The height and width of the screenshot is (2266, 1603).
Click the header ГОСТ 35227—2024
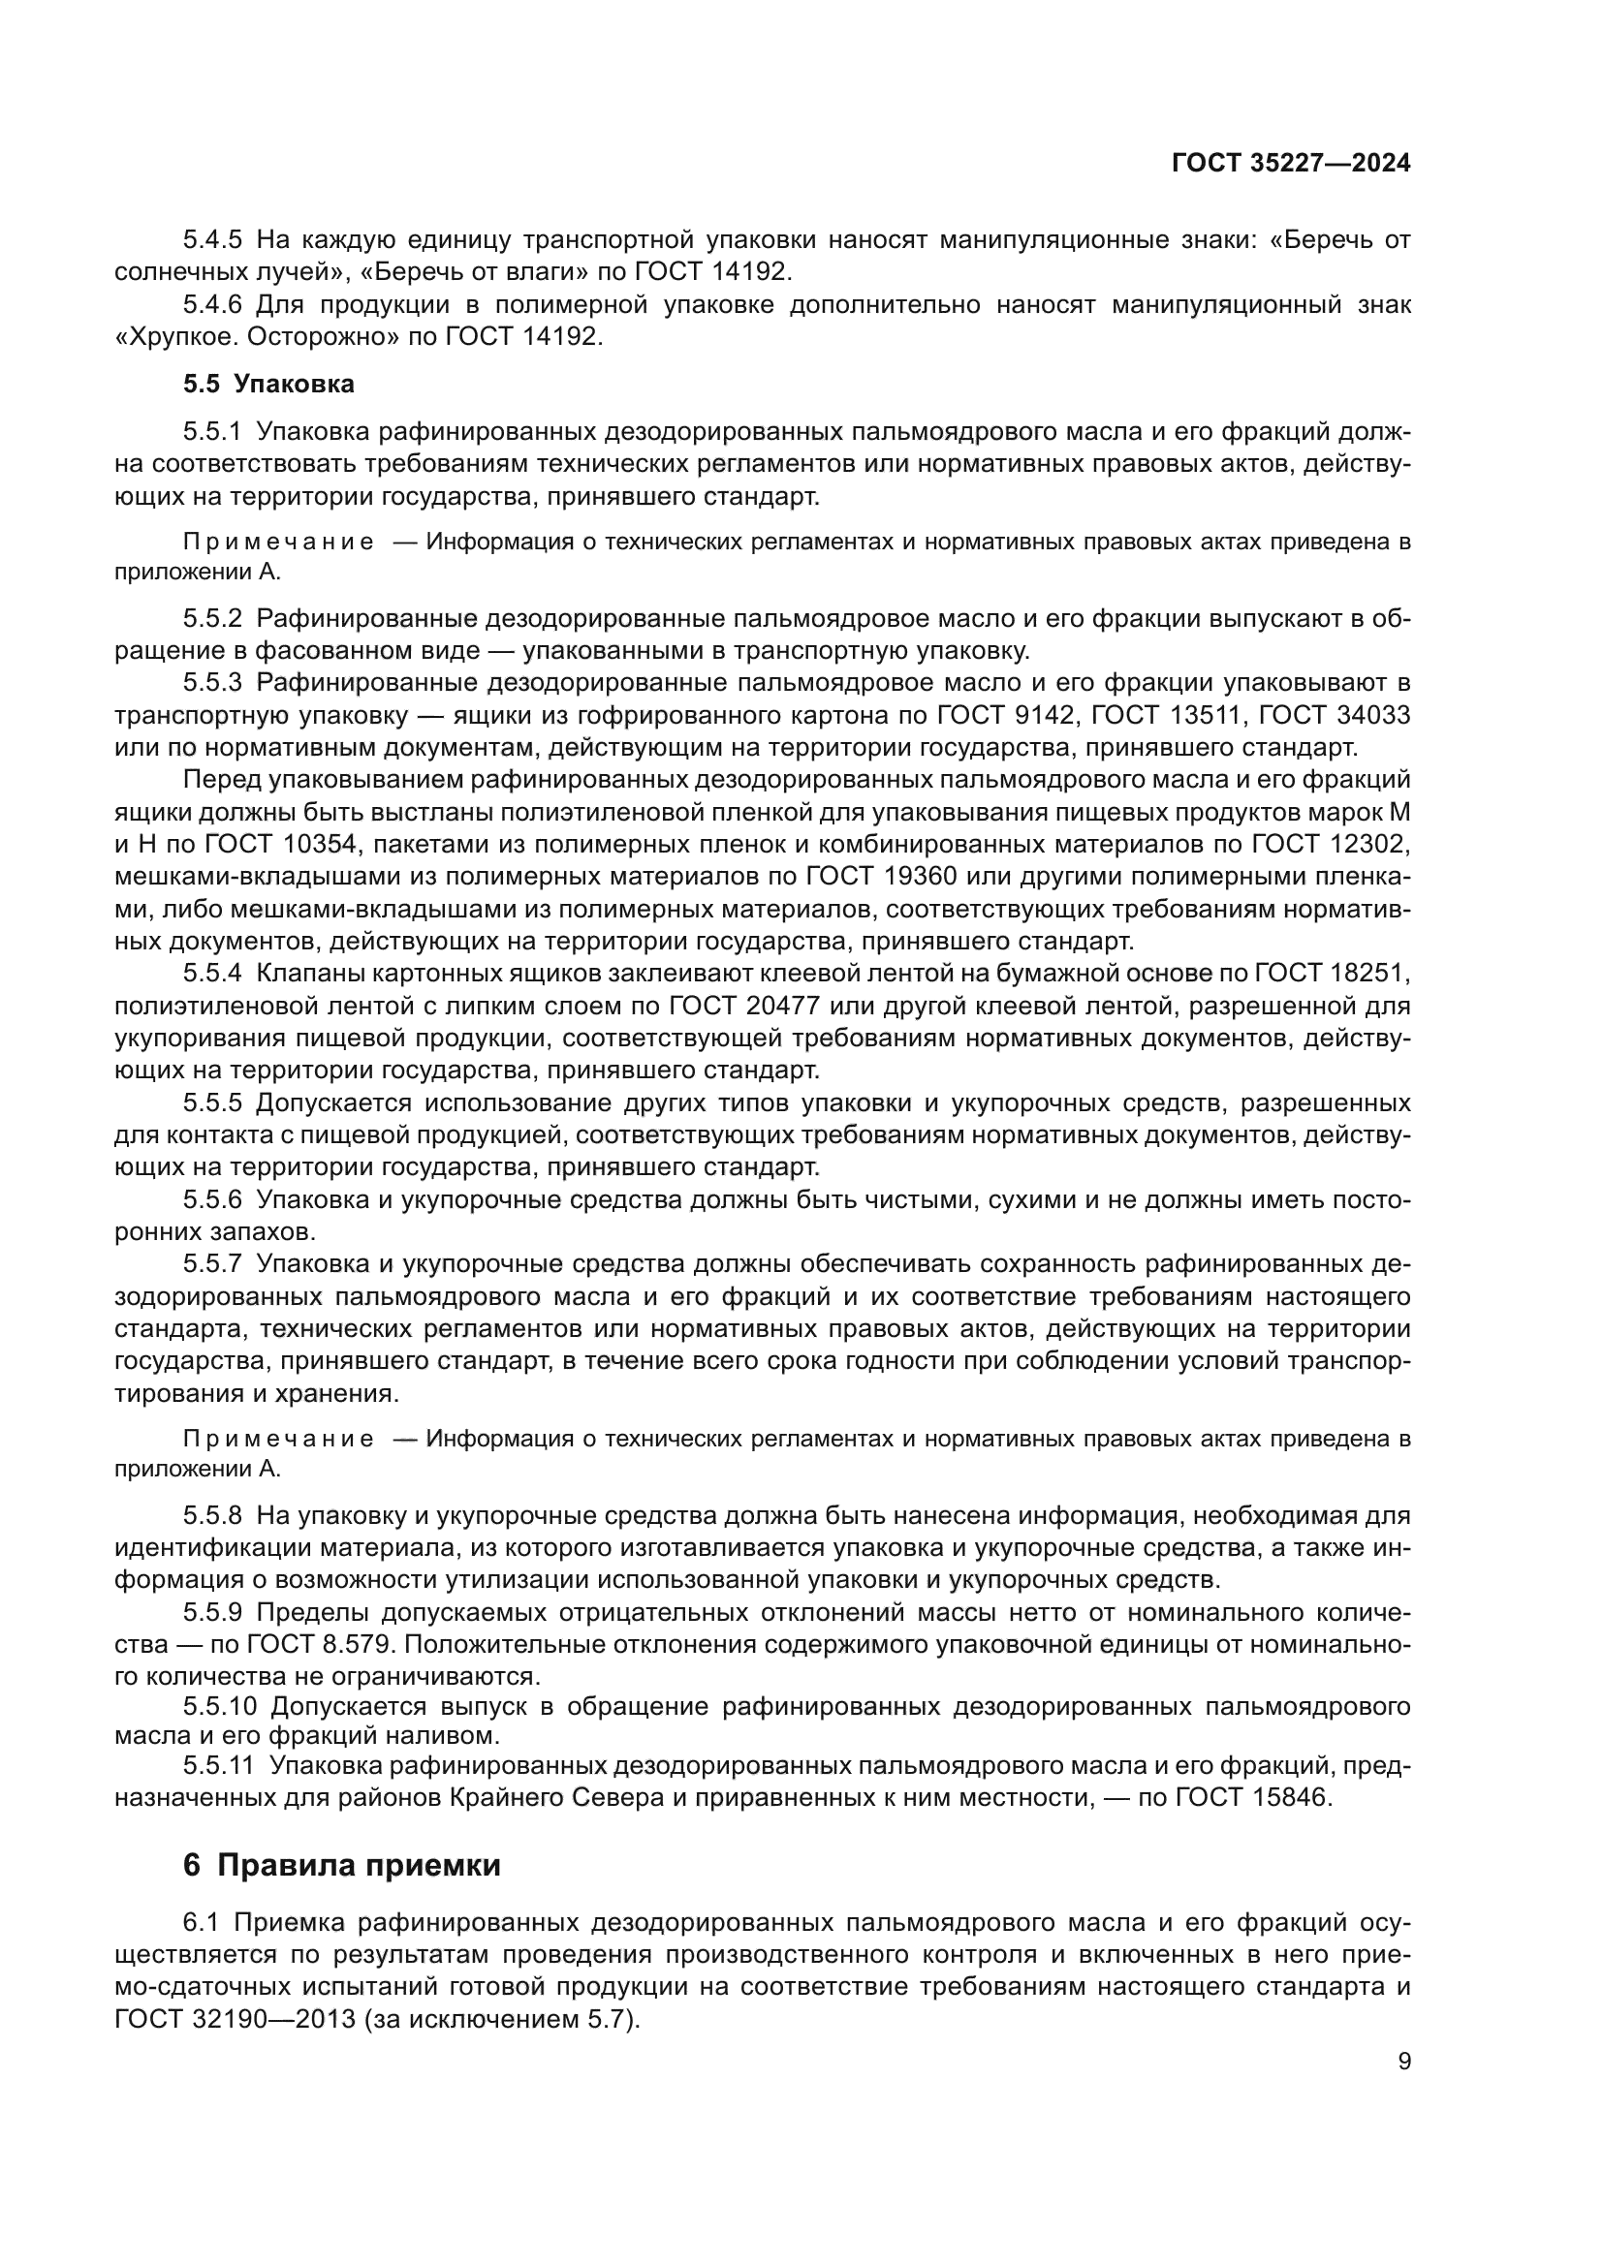point(1290,164)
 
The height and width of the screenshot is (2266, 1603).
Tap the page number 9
point(1404,2062)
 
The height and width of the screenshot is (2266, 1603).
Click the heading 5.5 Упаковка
point(268,384)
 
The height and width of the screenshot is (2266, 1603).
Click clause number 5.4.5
point(212,240)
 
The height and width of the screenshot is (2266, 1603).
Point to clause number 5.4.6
point(212,305)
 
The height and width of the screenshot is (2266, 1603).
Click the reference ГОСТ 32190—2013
point(234,2019)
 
